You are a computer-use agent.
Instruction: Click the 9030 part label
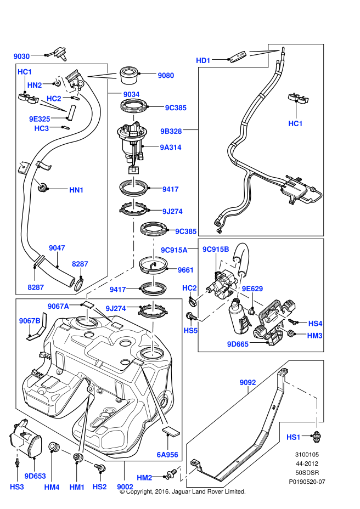point(21,56)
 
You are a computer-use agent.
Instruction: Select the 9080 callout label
point(166,75)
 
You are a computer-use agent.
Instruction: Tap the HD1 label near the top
point(204,60)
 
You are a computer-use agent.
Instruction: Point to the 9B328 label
point(171,131)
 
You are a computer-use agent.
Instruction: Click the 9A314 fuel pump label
point(171,147)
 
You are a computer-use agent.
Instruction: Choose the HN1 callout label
point(76,190)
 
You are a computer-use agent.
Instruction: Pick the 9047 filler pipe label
point(57,248)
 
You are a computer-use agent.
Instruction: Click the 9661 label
point(186,270)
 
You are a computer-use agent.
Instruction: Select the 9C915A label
point(174,250)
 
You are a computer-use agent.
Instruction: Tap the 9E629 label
point(252,289)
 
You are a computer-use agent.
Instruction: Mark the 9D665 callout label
point(238,344)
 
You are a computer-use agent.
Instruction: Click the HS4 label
point(315,324)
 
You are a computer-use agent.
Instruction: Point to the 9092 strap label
point(248,381)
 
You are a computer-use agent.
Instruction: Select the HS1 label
point(294,437)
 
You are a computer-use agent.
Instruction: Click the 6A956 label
point(167,454)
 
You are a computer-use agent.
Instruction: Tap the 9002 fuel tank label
point(125,486)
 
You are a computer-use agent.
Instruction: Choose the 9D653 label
point(35,476)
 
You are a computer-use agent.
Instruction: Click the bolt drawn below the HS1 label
point(316,436)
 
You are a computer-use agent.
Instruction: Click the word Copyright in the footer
point(143,491)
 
